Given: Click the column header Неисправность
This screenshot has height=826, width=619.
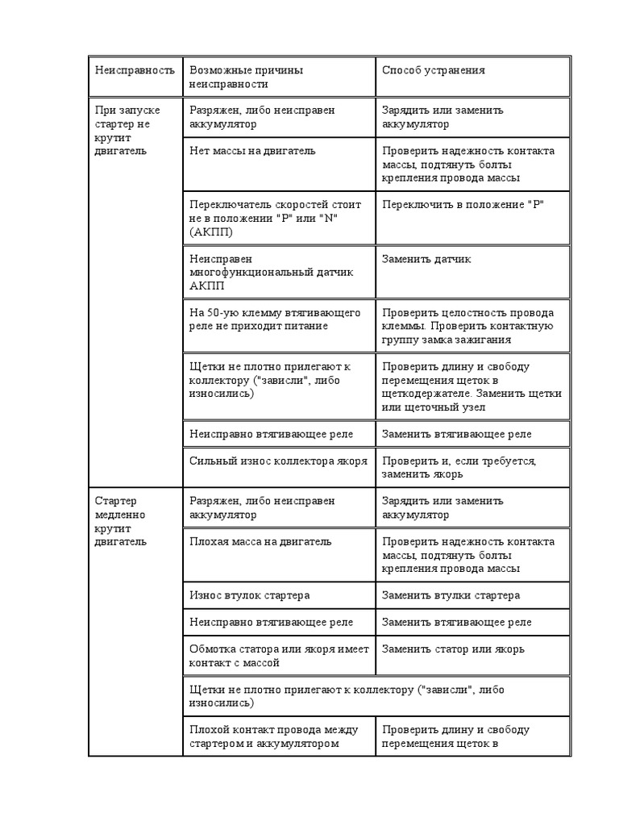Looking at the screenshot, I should (x=135, y=71).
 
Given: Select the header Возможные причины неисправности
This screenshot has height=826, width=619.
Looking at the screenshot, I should (x=246, y=77).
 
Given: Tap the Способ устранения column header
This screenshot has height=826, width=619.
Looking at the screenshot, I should (x=434, y=71).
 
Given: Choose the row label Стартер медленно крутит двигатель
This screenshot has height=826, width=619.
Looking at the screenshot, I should (x=122, y=521).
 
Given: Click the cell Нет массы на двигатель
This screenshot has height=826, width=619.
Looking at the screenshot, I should (x=252, y=151).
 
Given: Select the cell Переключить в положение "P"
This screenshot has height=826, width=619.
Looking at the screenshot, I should (x=463, y=205).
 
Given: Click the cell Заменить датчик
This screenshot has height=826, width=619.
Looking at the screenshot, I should (x=426, y=260).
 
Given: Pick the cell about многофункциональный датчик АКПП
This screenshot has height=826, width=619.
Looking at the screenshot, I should (x=272, y=273).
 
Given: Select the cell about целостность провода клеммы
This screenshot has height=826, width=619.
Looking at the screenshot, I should (x=467, y=326).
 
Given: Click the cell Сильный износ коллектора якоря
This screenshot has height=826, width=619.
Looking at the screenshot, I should (x=278, y=461).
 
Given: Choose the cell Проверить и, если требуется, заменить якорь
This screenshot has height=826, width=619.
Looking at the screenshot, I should (x=459, y=467).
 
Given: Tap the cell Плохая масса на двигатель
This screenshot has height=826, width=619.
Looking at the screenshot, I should (x=260, y=542).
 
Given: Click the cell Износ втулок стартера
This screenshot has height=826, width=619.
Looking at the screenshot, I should (x=250, y=595).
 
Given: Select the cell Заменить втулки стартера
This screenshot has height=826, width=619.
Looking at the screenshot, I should (x=451, y=595).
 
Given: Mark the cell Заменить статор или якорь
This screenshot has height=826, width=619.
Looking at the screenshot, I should (x=453, y=649).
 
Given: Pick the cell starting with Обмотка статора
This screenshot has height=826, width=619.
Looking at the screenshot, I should (x=278, y=655).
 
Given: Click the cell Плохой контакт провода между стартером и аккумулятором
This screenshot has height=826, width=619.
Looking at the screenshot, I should (x=274, y=736).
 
